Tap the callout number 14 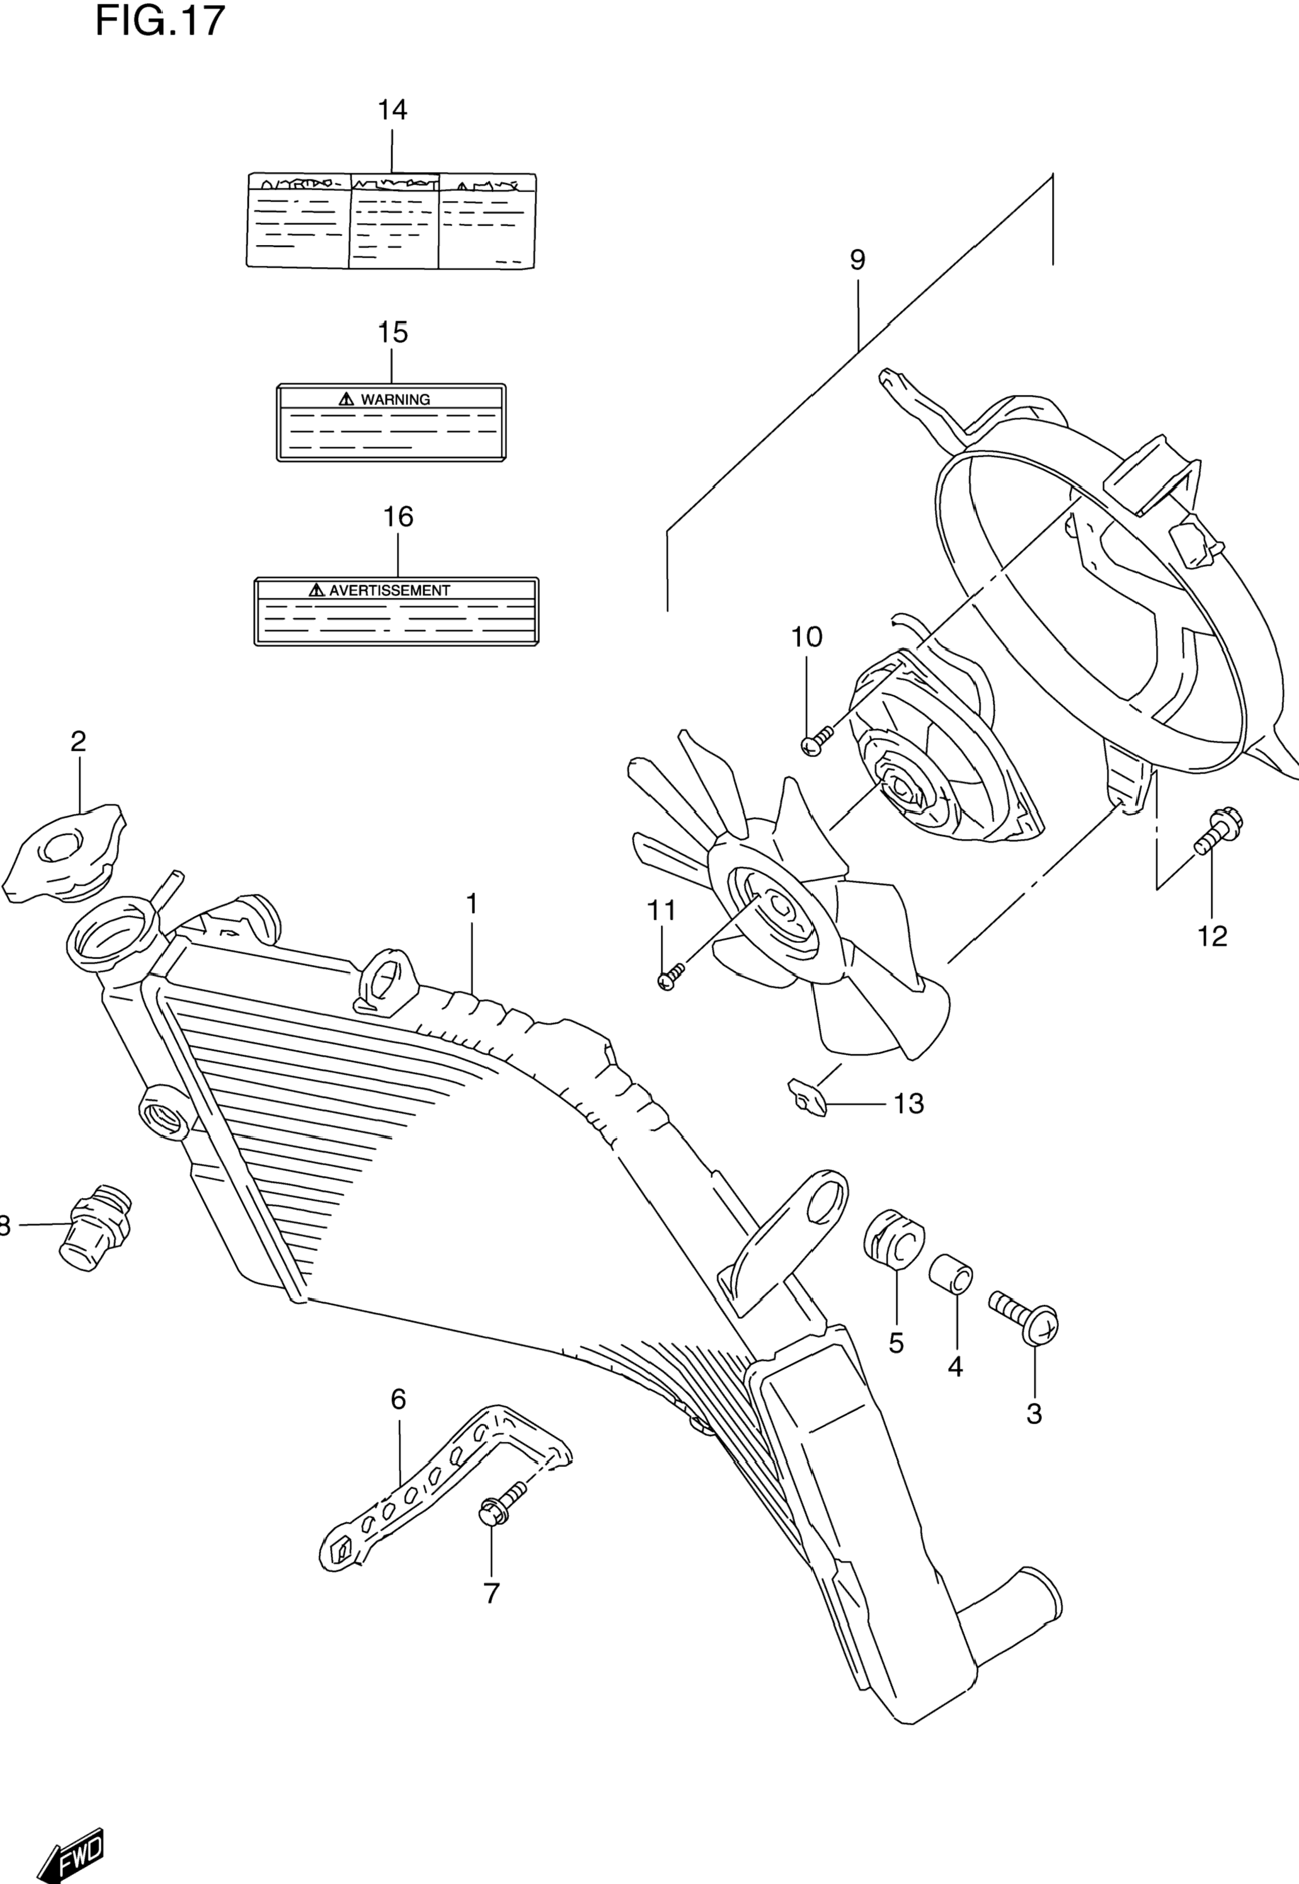pos(392,109)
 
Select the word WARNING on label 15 pos(395,399)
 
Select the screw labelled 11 pos(672,976)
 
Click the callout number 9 pos(857,260)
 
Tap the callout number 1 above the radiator pos(471,903)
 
